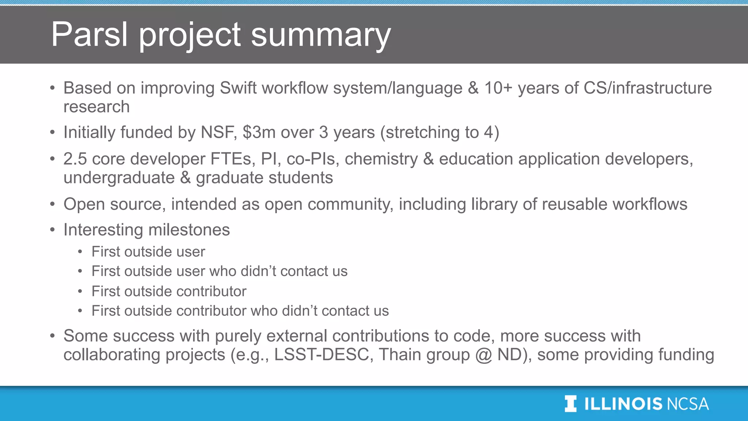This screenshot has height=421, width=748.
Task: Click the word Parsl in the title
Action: (x=89, y=34)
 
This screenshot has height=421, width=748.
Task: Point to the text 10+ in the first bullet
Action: (x=498, y=88)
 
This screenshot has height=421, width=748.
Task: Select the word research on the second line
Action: (x=96, y=107)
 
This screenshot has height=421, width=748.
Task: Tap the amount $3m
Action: (x=259, y=132)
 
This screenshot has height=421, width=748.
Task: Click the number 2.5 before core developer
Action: (x=75, y=159)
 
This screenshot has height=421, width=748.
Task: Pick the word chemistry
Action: (x=381, y=159)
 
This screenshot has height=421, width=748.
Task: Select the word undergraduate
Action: (x=119, y=178)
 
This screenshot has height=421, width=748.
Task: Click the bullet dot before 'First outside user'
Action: (x=80, y=252)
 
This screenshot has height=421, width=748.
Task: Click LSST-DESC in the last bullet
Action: (x=322, y=355)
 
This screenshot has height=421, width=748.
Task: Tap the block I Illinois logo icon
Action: (x=570, y=404)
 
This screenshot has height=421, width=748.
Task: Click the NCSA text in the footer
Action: (x=687, y=404)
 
